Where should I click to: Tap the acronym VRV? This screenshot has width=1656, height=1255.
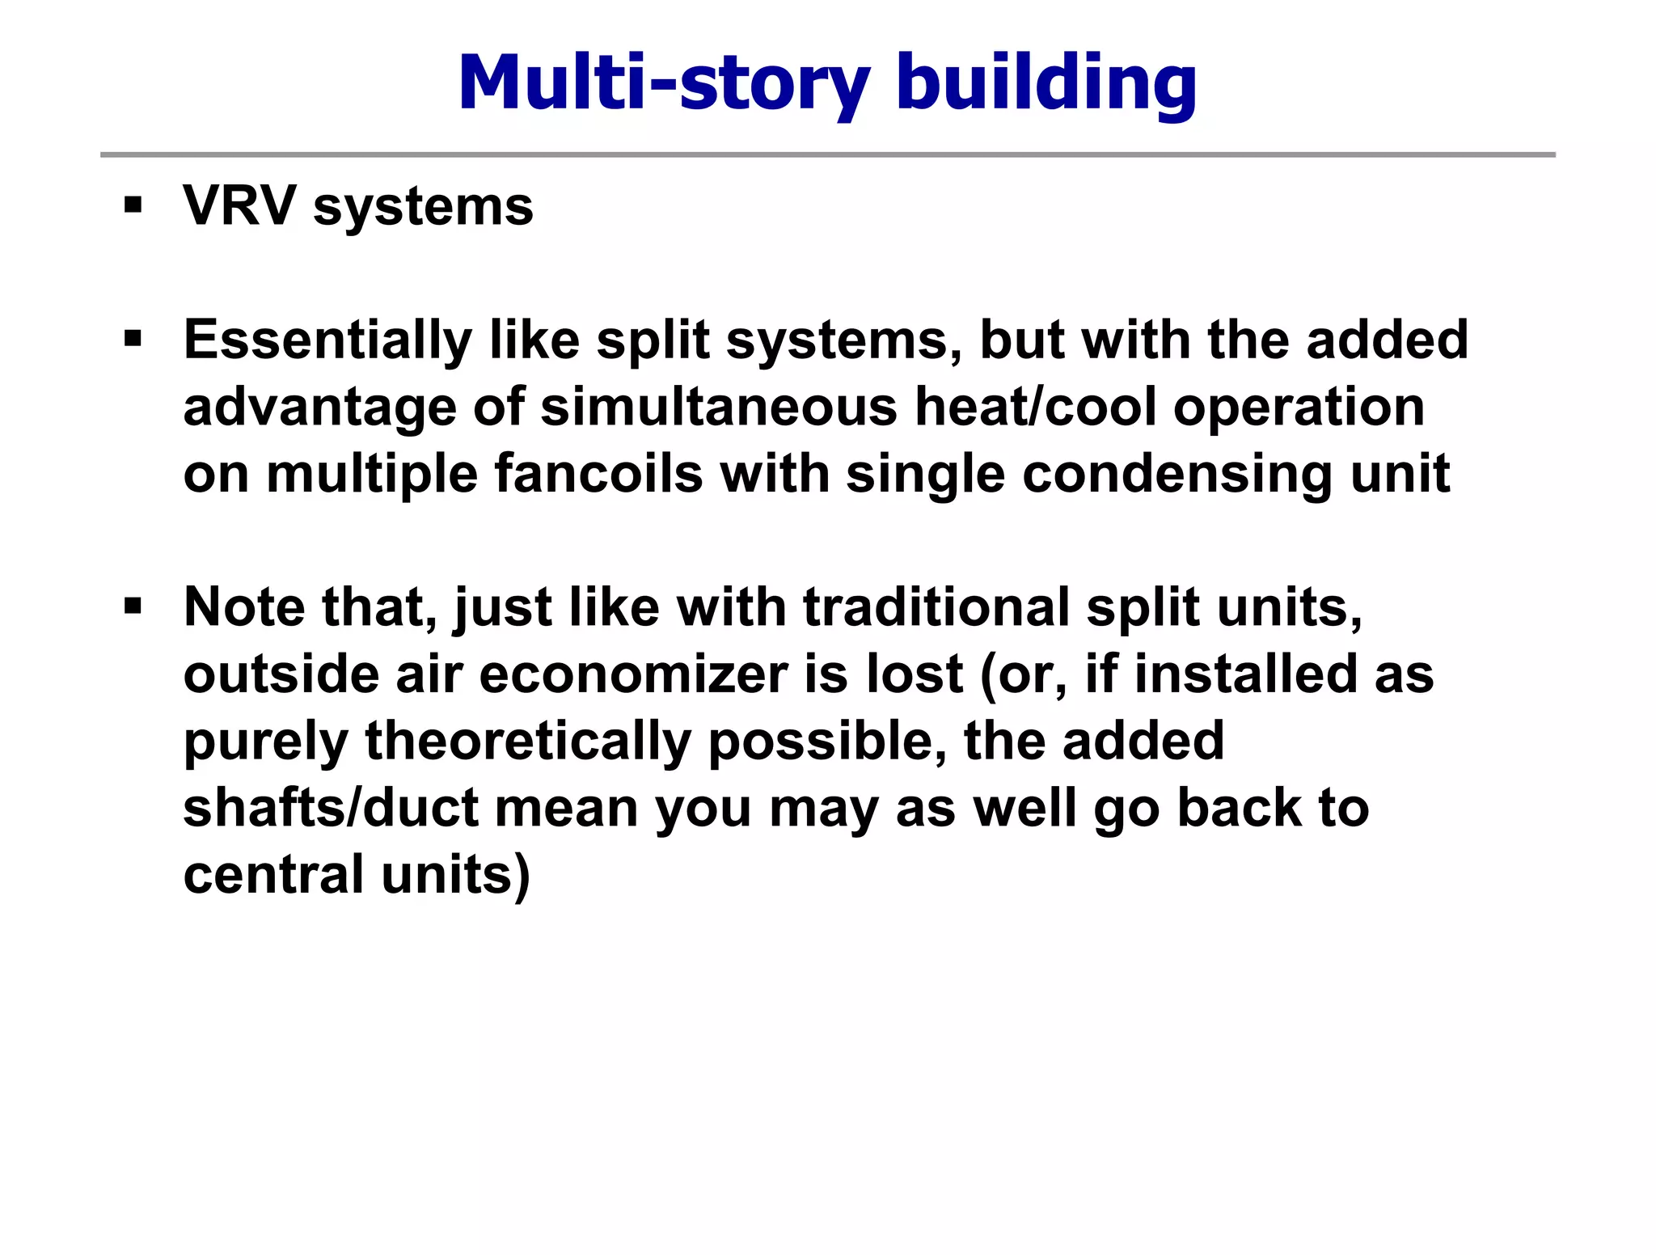239,205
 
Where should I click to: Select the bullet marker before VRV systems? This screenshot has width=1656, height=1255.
133,204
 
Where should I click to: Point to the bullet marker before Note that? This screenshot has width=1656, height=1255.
133,605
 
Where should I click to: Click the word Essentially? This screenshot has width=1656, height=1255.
327,340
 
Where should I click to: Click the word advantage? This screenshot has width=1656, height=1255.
319,408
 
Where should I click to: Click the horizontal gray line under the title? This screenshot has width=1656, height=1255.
827,154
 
